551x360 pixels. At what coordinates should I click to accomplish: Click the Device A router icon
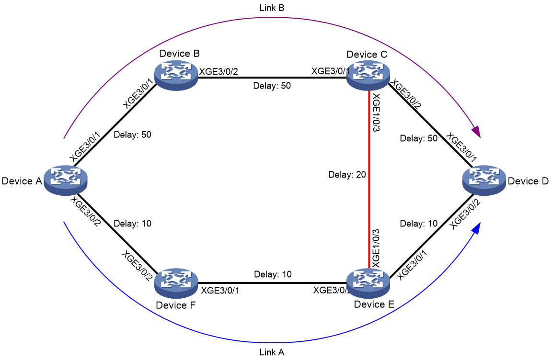(66, 180)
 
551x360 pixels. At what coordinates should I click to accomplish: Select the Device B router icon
(176, 75)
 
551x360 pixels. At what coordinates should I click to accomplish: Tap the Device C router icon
(368, 75)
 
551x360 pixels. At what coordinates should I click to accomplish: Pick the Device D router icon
(484, 180)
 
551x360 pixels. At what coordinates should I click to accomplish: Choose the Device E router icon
(368, 283)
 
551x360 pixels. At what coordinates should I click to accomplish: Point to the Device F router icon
(176, 283)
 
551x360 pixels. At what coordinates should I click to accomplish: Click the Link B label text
(272, 8)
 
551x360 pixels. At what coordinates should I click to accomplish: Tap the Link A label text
(272, 352)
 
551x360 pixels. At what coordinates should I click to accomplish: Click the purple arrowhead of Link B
(476, 131)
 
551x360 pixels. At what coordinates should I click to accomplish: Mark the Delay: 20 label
(347, 175)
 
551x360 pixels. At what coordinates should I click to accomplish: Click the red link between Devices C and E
(368, 179)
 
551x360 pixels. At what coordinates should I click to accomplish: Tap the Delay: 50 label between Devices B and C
(272, 86)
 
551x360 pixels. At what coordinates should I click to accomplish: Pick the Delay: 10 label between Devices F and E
(273, 274)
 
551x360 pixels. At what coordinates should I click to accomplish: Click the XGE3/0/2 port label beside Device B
(218, 72)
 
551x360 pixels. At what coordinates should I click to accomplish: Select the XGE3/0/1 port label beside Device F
(220, 291)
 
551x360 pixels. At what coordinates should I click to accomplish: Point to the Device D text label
(528, 181)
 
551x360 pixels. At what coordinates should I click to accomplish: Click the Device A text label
(22, 181)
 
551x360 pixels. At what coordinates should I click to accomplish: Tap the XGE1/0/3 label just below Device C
(376, 112)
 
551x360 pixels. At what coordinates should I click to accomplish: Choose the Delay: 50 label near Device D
(419, 138)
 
